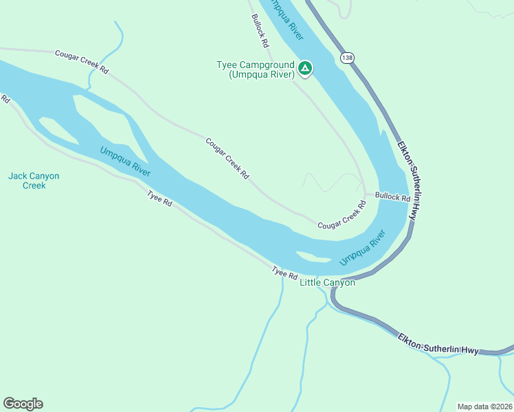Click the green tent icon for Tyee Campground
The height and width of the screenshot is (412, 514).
[x=305, y=68]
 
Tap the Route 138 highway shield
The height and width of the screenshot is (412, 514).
[x=347, y=58]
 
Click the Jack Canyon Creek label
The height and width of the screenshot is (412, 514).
[x=34, y=181]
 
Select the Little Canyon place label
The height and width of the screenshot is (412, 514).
[x=328, y=282]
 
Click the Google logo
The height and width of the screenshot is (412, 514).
[x=23, y=404]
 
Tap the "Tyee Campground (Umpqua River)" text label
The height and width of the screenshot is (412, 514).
[x=256, y=70]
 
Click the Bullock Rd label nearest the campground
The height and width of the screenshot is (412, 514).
[x=260, y=32]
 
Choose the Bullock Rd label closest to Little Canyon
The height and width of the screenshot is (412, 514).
[x=392, y=197]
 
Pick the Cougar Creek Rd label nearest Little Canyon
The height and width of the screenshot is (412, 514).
[x=339, y=216]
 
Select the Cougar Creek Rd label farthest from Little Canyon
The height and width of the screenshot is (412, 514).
[x=82, y=61]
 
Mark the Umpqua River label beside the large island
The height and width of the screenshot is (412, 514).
[x=125, y=161]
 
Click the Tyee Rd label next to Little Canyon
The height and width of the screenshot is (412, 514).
[x=284, y=273]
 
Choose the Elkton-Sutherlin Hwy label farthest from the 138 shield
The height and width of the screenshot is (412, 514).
[x=438, y=344]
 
